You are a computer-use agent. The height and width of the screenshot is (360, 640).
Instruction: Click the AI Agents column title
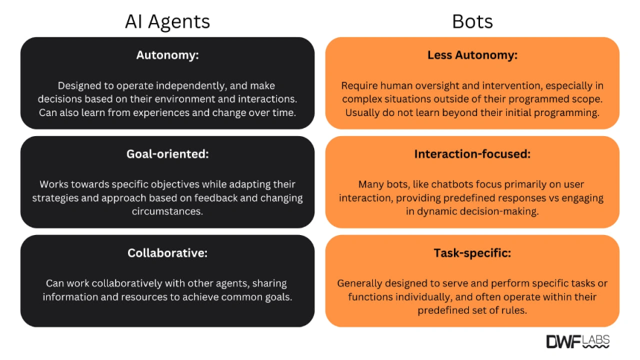pyautogui.click(x=167, y=22)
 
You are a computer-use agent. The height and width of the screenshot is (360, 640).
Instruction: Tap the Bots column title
pyautogui.click(x=473, y=22)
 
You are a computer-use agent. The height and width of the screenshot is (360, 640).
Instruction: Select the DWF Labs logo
pyautogui.click(x=578, y=341)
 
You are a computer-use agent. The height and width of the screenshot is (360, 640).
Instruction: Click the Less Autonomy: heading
pyautogui.click(x=473, y=55)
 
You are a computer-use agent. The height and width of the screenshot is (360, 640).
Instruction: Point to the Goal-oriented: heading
pyautogui.click(x=167, y=154)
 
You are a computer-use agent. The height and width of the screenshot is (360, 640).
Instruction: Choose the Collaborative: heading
pyautogui.click(x=167, y=253)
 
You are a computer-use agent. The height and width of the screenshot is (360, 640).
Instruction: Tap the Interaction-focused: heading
pyautogui.click(x=473, y=154)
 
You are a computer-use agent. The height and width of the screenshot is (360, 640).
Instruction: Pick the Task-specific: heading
pyautogui.click(x=473, y=253)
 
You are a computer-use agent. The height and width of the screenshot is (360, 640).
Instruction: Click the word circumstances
pyautogui.click(x=167, y=211)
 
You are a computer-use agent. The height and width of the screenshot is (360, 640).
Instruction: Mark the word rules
pyautogui.click(x=515, y=311)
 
